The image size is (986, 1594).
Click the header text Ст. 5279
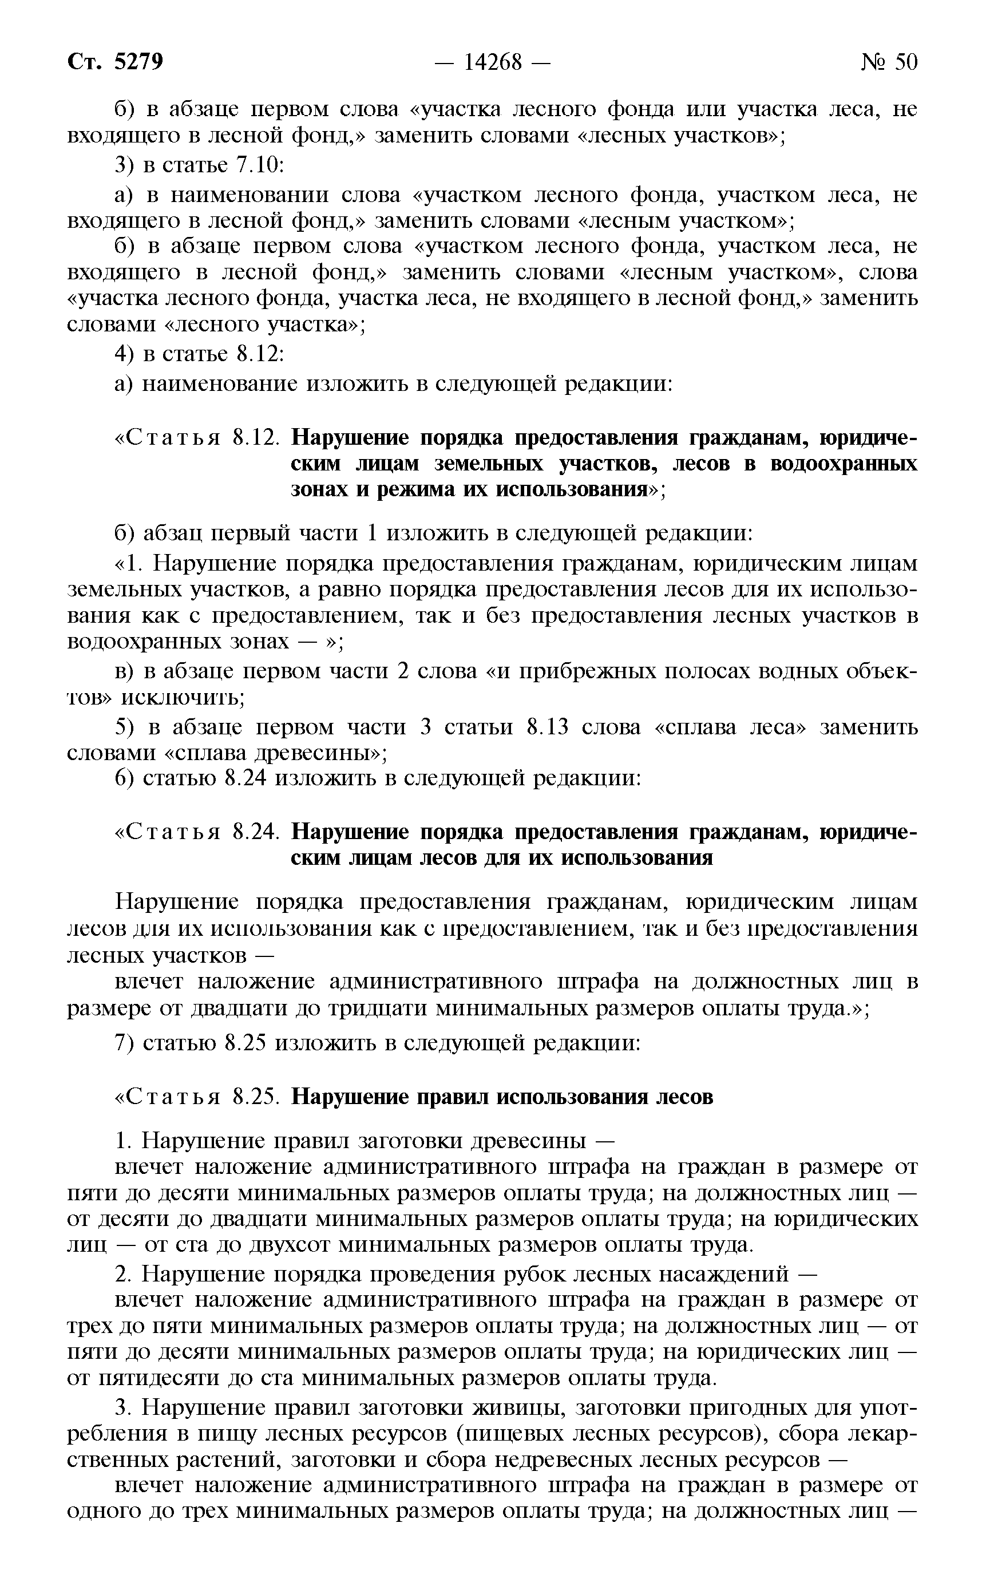pos(116,62)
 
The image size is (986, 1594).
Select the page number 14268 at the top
pos(493,62)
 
